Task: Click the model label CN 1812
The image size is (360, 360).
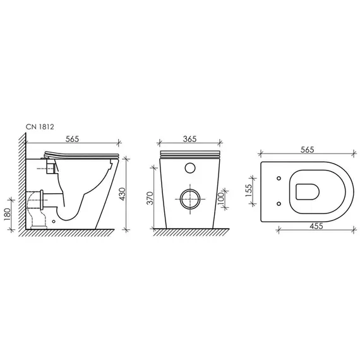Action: pos(40,127)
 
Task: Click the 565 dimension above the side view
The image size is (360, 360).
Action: pos(72,139)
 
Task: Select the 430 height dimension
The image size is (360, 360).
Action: pos(123,194)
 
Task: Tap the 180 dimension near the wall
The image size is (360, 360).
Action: pos(8,214)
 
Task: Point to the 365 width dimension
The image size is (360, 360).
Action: pos(189,139)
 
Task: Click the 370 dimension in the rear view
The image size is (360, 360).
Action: pos(150,198)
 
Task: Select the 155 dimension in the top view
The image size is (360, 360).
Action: pos(249,190)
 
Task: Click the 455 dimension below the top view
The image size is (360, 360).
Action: pos(316,226)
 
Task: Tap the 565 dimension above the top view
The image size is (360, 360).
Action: pos(307,150)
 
